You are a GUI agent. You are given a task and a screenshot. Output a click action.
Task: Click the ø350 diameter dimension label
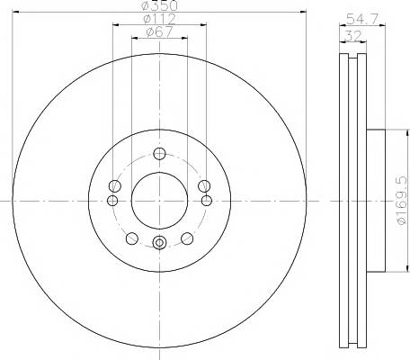[159, 4]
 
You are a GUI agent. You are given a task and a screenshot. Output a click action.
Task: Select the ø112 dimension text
[159, 19]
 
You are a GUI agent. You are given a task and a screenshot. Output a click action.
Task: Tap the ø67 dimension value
[159, 32]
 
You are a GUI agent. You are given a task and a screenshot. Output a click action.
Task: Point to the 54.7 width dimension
[361, 19]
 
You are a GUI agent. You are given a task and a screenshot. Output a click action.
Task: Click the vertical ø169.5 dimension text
[402, 200]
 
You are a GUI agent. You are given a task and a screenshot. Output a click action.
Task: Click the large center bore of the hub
[159, 201]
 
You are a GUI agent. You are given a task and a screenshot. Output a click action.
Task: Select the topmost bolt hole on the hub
[159, 154]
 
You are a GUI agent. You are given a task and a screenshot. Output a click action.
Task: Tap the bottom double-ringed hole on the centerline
[159, 242]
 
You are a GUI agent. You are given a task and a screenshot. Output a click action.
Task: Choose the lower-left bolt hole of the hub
[132, 238]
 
